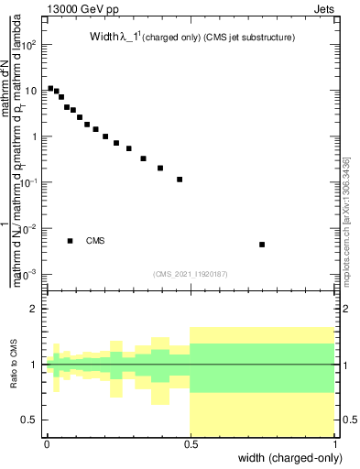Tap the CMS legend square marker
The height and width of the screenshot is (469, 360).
(70, 241)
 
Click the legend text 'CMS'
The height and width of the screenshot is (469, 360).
(95, 241)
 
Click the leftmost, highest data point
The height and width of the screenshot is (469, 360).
(50, 88)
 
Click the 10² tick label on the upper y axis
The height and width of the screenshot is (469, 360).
(30, 45)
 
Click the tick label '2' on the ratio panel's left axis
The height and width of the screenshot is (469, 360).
(36, 309)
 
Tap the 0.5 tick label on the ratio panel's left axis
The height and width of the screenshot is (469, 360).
(32, 420)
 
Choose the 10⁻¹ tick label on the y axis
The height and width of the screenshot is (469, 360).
(30, 183)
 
